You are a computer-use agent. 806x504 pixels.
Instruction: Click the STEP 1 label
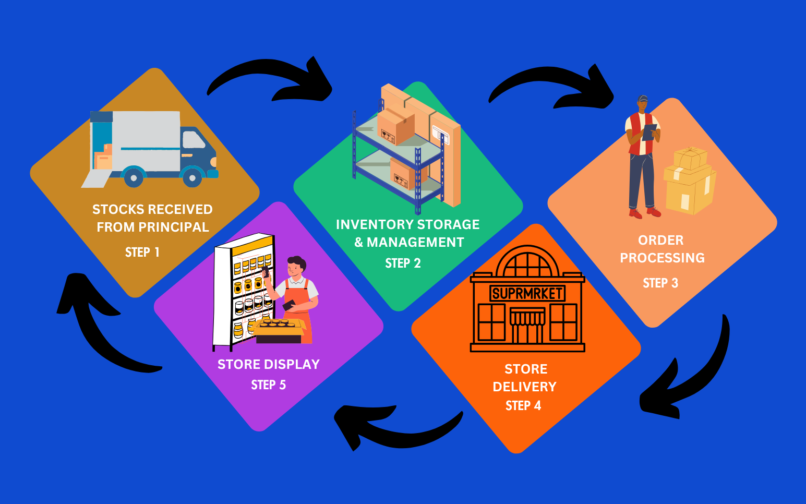(142, 253)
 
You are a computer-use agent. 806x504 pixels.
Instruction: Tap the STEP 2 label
(403, 263)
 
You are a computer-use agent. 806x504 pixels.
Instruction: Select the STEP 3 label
(660, 283)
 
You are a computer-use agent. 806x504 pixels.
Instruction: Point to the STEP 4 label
(523, 406)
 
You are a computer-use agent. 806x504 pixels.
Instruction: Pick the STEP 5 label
(268, 385)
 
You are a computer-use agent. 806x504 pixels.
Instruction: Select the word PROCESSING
(662, 258)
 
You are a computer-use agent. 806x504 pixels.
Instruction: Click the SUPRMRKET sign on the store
(527, 294)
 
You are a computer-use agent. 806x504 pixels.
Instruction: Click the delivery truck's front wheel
(193, 178)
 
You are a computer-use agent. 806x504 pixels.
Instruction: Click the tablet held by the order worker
(649, 131)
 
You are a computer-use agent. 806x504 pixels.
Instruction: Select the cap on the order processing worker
(643, 99)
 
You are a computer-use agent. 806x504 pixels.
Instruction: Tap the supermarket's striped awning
(527, 316)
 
